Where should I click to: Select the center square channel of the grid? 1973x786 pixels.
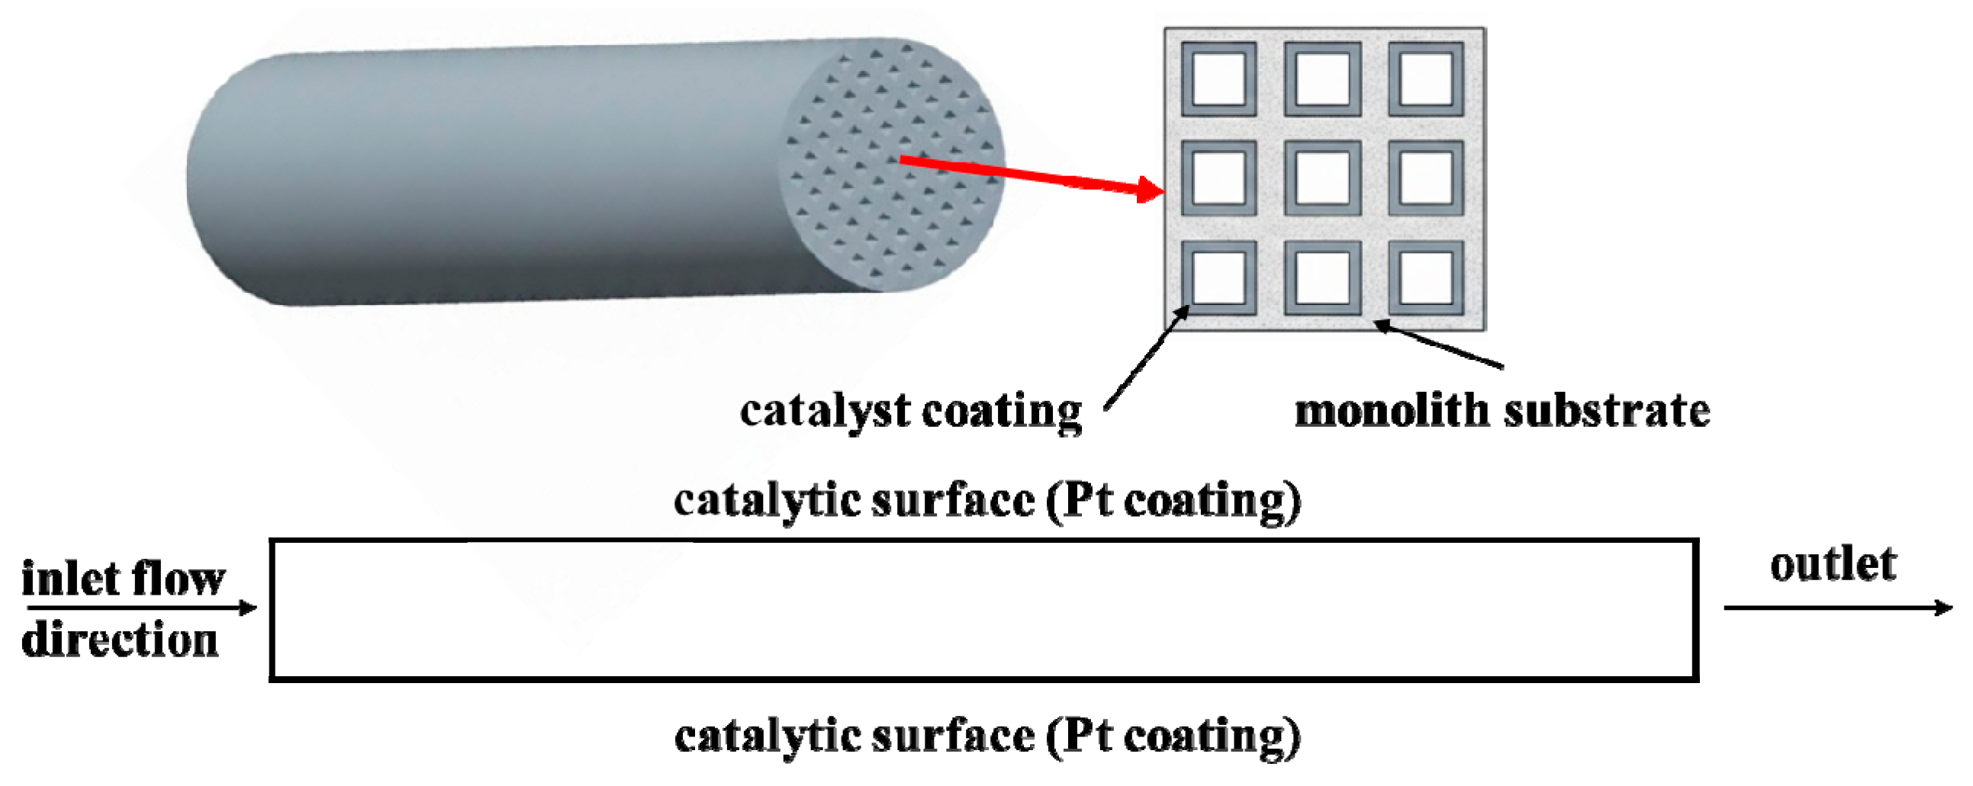click(x=1323, y=178)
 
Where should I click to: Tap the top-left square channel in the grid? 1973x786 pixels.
click(x=1218, y=79)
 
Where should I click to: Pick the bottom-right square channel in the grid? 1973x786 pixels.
click(x=1426, y=277)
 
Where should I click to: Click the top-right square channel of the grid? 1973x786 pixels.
click(x=1426, y=79)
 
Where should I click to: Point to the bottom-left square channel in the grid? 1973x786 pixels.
click(x=1218, y=277)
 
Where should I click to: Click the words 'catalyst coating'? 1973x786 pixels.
click(x=911, y=412)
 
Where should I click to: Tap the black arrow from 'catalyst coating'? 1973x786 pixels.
click(x=1147, y=358)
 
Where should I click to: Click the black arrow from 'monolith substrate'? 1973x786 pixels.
click(x=1438, y=345)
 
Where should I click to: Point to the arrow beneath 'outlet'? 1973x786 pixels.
click(x=1838, y=608)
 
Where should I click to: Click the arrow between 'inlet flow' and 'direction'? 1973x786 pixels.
click(x=142, y=608)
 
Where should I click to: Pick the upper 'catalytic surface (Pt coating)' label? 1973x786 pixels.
click(x=987, y=502)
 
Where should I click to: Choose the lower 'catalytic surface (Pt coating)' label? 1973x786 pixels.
click(x=987, y=737)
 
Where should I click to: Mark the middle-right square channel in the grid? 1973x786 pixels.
click(x=1426, y=178)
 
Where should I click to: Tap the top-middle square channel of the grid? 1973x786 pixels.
click(x=1323, y=79)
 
